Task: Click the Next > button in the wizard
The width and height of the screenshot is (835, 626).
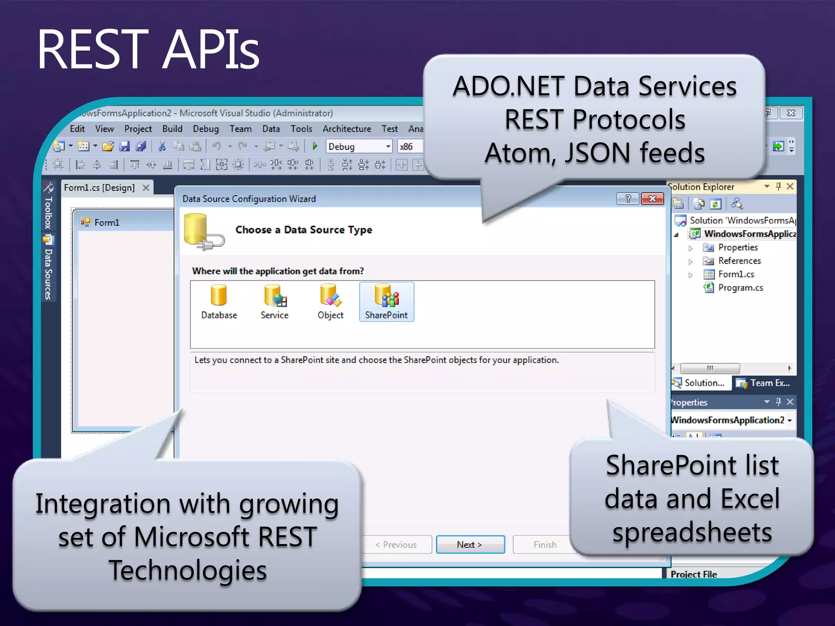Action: coord(470,544)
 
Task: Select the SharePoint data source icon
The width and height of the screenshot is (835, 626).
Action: coord(386,301)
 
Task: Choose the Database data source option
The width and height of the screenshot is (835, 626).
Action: coord(219,301)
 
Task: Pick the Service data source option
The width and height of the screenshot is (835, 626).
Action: coord(274,301)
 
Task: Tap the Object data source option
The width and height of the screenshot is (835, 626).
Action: coord(330,301)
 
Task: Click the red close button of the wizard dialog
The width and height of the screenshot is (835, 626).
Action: coord(652,198)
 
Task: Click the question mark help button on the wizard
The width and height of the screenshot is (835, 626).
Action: coord(628,198)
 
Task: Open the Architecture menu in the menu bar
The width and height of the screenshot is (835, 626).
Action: coord(347,129)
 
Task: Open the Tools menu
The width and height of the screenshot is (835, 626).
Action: coord(301,129)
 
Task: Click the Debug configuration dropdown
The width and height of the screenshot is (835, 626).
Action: coord(359,146)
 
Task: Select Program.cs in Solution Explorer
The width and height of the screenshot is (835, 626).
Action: coord(740,288)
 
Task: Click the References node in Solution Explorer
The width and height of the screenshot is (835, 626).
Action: coord(739,261)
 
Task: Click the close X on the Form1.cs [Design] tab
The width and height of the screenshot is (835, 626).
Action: coord(146,187)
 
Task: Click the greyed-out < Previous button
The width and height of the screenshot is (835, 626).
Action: coord(396,544)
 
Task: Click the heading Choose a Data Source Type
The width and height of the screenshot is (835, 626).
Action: coord(303,230)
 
